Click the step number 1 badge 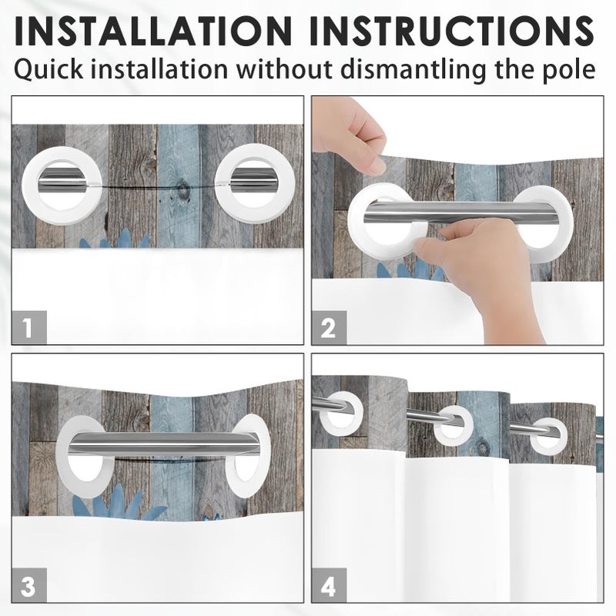pos(28,327)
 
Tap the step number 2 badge pos(329,327)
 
